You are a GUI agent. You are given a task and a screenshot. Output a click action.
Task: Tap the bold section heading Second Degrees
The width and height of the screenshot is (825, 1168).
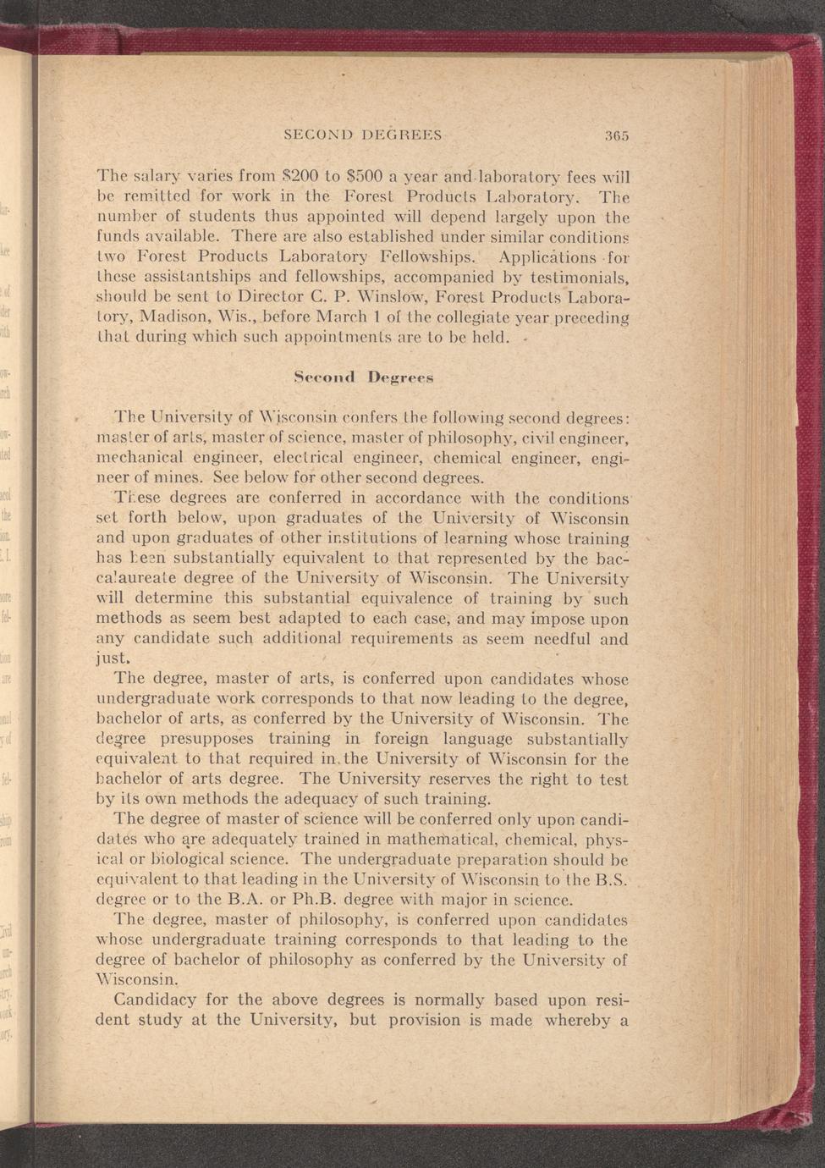pyautogui.click(x=363, y=377)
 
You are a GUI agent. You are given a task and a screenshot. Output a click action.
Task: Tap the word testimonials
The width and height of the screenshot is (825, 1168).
pyautogui.click(x=580, y=278)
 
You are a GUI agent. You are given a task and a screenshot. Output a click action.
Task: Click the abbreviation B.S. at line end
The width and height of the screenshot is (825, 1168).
pyautogui.click(x=610, y=879)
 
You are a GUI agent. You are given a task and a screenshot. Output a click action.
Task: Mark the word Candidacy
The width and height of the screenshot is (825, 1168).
pyautogui.click(x=154, y=1000)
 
